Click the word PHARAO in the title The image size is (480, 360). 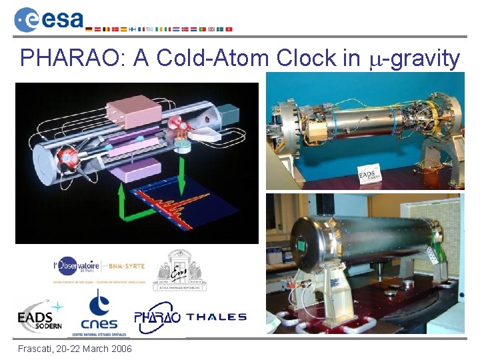pyautogui.click(x=73, y=59)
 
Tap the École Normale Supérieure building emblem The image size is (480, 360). pyautogui.click(x=180, y=270)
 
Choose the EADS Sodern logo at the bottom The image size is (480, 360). pyautogui.click(x=40, y=317)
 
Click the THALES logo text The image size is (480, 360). pyautogui.click(x=217, y=317)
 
